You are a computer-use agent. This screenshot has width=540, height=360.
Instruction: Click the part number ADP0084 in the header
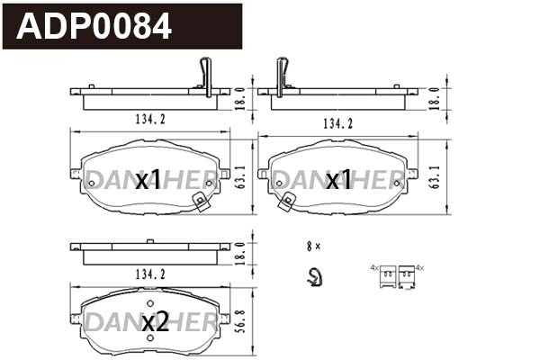(x=94, y=26)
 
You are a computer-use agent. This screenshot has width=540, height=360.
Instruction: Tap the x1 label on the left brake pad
(x=148, y=181)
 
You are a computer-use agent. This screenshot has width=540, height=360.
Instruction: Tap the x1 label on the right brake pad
(x=338, y=181)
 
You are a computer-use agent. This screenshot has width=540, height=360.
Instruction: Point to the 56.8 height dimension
(x=239, y=320)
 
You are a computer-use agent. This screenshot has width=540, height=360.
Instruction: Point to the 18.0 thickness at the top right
(x=436, y=96)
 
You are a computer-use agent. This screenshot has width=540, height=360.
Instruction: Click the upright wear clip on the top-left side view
(x=206, y=76)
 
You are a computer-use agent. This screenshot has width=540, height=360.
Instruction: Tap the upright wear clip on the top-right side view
(x=283, y=76)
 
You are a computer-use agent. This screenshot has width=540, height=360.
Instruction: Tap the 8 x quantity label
(x=313, y=245)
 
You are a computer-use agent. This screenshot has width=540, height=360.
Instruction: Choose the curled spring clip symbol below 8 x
(x=313, y=278)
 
